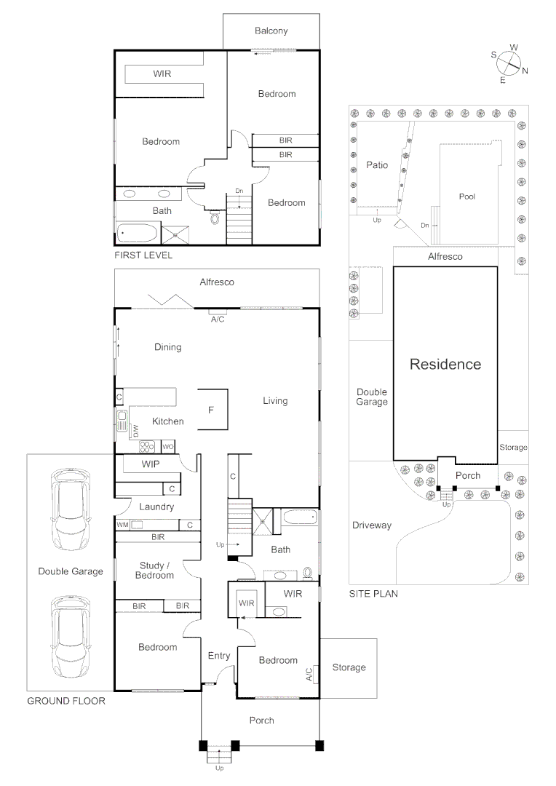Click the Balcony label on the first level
[x=271, y=31]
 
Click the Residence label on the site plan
[x=445, y=364]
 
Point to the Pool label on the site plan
[x=466, y=196]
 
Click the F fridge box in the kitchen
[x=211, y=410]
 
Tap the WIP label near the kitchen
[x=151, y=464]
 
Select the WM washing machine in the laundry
[x=122, y=524]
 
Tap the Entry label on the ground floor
[x=219, y=656]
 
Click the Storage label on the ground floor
[x=349, y=667]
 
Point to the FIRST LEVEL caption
[x=143, y=256]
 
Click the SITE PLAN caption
[x=373, y=593]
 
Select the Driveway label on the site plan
[x=371, y=525]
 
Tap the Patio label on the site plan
[x=377, y=165]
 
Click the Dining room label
[x=167, y=347]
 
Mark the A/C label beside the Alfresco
[x=217, y=319]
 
